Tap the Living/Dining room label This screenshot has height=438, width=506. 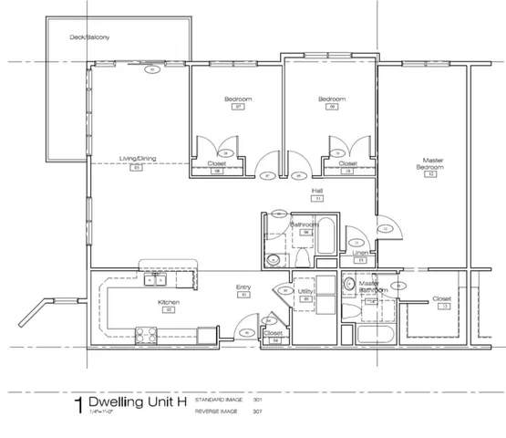point(138,159)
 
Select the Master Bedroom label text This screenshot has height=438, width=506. point(429,164)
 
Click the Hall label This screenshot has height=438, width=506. point(317,190)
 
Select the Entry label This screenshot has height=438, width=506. point(243,287)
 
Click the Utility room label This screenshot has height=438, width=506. point(306,291)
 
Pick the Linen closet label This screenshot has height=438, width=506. point(360,253)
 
